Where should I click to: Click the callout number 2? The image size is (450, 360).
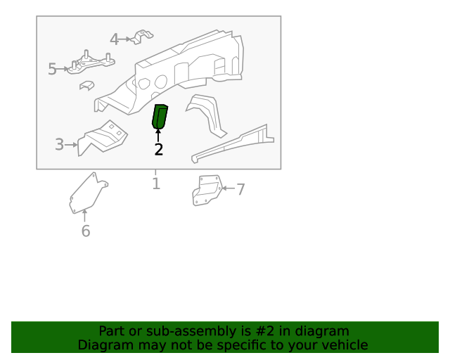158,149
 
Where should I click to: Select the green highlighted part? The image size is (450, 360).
160,117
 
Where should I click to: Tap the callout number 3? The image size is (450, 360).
60,145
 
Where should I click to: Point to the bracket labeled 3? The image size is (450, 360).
102,138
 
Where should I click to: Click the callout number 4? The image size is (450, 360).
114,40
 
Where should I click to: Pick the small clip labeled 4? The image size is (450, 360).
143,36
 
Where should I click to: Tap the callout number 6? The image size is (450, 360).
85,231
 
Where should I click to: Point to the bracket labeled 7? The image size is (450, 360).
206,191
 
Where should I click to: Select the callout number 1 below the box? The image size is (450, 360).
156,184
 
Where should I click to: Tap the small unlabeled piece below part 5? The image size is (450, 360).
86,86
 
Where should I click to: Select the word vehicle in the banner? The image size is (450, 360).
344,345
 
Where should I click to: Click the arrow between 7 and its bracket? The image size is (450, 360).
226,189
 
